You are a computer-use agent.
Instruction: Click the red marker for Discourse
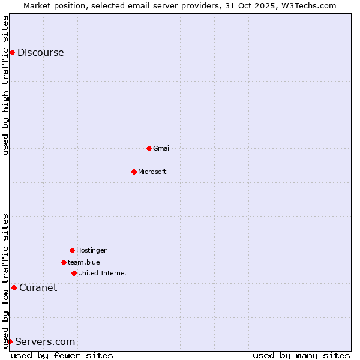[12, 52]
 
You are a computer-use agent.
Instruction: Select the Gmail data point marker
[149, 148]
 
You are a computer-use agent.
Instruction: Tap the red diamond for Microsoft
[134, 172]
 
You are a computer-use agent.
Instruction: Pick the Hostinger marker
[72, 250]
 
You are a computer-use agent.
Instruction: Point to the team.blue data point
[64, 262]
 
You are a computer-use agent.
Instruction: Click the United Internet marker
[74, 273]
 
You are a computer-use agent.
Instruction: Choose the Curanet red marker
[14, 287]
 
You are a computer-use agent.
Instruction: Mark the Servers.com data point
[10, 341]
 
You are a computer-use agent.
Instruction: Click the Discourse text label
[40, 52]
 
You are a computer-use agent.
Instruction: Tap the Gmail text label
[162, 148]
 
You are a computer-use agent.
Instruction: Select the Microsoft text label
[152, 172]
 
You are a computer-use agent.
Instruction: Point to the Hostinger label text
[91, 250]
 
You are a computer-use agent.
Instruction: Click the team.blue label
[84, 262]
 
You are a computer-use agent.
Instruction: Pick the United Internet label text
[103, 273]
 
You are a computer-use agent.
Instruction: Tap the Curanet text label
[38, 287]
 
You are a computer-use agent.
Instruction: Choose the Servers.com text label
[45, 341]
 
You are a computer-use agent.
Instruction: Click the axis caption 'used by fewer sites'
[62, 355]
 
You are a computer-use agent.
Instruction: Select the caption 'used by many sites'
[301, 355]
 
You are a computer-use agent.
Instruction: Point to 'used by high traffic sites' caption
[5, 85]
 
